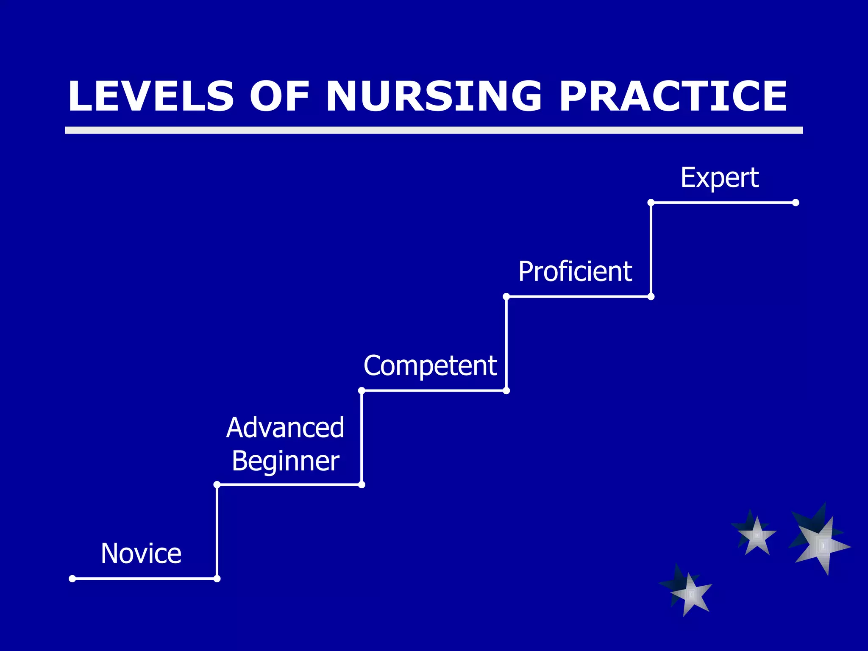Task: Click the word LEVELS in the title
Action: pos(151,97)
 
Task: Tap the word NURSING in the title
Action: pos(434,97)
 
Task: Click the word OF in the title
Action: pos(279,97)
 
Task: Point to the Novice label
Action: pos(141,554)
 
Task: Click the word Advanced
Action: pos(285,428)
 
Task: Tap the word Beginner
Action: pos(285,461)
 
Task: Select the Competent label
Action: pos(430,365)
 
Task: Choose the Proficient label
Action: pos(575,272)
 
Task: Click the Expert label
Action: pos(719,178)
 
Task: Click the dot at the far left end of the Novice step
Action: pos(72,579)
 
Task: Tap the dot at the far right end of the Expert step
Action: pos(796,203)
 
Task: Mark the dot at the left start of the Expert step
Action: pos(651,203)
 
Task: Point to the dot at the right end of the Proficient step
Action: pos(651,297)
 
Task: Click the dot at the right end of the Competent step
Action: pos(506,391)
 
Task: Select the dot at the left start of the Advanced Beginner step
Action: pos(217,484)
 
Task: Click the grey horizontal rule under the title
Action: pos(434,130)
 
